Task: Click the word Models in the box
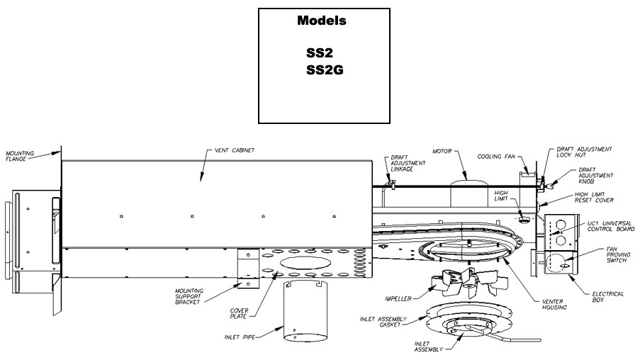(x=322, y=21)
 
